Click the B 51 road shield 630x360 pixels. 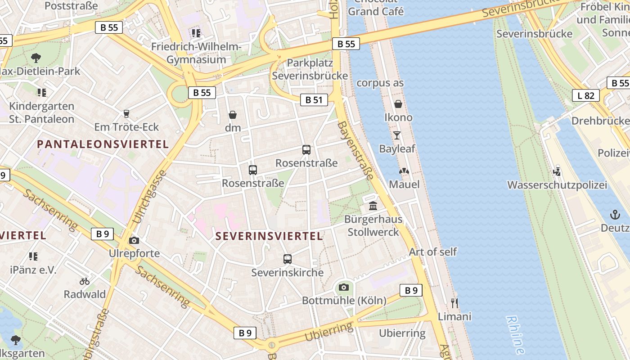[314, 100]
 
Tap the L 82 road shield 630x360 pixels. [586, 95]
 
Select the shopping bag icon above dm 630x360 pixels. [233, 115]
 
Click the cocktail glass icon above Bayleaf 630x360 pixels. [396, 135]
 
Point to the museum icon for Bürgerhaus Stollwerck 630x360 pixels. [373, 206]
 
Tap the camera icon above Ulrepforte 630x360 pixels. [134, 240]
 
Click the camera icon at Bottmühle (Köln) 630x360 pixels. [344, 287]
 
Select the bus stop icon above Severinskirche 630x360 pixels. [288, 259]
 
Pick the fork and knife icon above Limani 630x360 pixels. [454, 303]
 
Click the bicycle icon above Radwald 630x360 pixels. [85, 281]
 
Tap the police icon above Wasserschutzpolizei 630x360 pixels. [557, 171]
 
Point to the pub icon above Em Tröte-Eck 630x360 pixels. [126, 113]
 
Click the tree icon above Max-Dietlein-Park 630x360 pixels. [36, 58]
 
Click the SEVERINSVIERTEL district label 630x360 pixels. [269, 236]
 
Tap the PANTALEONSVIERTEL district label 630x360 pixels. [103, 144]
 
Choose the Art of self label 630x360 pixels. [432, 252]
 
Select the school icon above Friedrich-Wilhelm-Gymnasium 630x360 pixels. [196, 33]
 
